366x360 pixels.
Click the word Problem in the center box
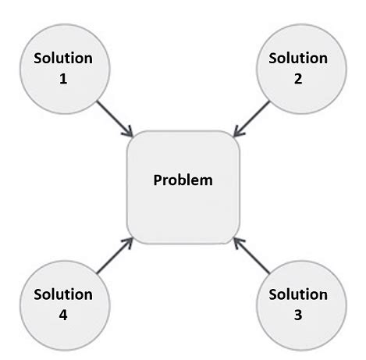[183, 180]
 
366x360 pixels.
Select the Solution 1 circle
[63, 68]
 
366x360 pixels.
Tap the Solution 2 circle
[299, 68]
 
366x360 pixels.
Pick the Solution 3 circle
[299, 304]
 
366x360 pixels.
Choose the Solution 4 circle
[63, 304]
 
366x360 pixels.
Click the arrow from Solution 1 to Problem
[113, 119]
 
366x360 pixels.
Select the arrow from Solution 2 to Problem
[251, 119]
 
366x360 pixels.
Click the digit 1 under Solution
[63, 79]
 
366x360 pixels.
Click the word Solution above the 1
[63, 59]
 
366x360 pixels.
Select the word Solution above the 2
[299, 59]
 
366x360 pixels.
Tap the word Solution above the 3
[299, 294]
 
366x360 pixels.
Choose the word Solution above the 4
[63, 294]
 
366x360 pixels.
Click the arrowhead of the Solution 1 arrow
[128, 134]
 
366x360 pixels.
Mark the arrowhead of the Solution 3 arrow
[237, 241]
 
